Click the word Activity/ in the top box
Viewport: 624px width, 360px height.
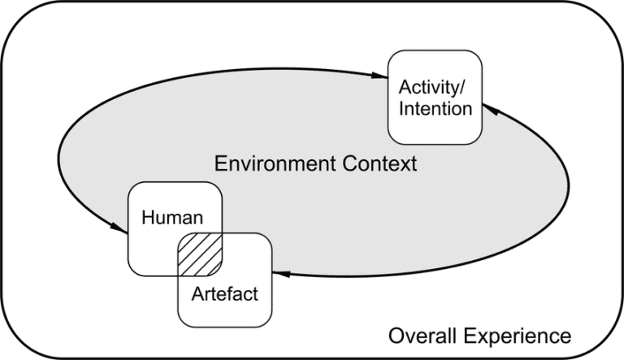431,87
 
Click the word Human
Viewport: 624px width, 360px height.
171,217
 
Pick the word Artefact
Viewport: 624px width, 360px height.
225,293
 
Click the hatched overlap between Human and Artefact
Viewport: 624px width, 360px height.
200,254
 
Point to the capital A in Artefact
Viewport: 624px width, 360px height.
197,293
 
